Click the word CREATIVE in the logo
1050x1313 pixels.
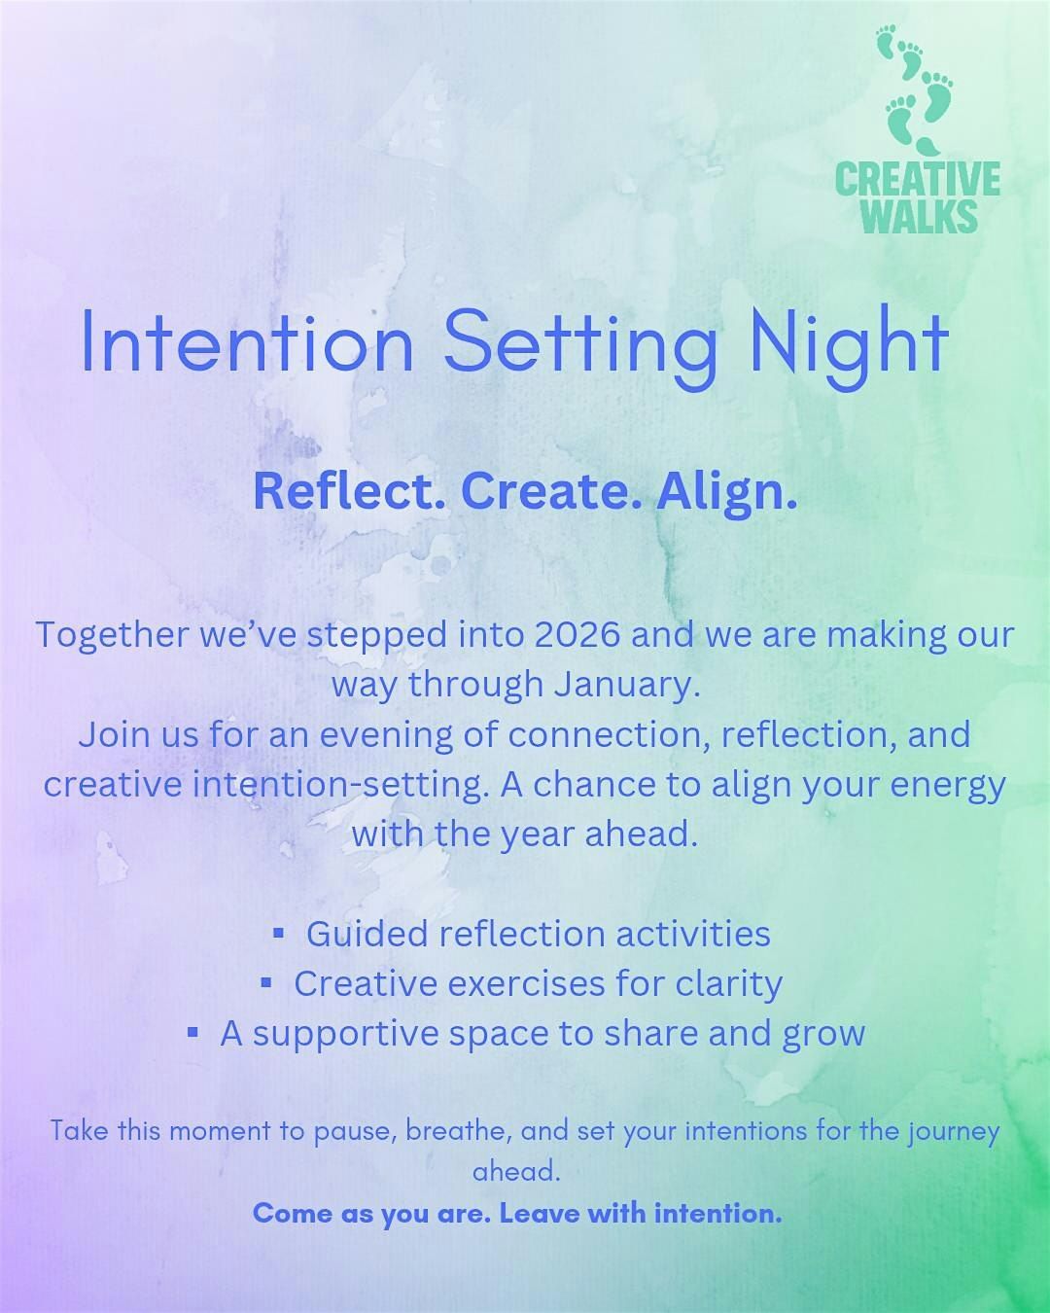point(917,179)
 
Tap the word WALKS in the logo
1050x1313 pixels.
point(920,215)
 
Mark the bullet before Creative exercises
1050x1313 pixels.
point(266,983)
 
